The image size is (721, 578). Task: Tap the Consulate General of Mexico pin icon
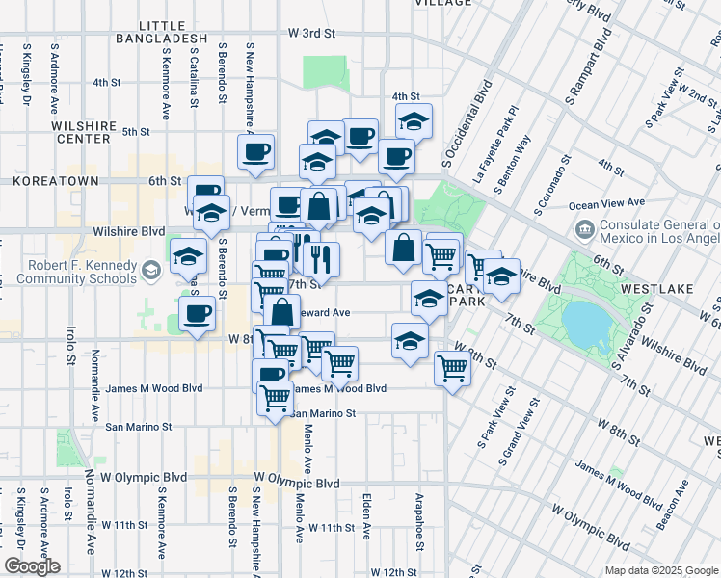point(584,230)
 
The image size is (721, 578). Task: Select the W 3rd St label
point(310,33)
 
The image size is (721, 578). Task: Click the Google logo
point(32,566)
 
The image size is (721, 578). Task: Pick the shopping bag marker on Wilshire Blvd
point(404,249)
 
